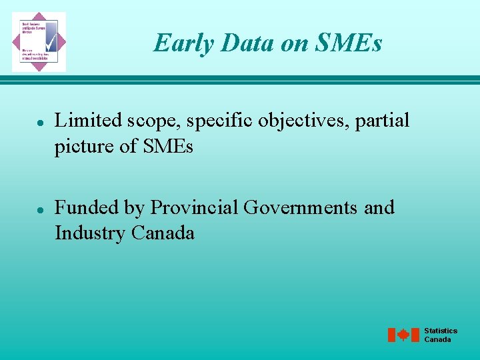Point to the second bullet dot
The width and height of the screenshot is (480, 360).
tap(41, 209)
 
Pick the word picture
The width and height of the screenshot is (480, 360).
tap(84, 147)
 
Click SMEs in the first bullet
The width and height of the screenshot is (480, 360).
tap(167, 146)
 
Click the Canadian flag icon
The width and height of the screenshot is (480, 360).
tap(403, 335)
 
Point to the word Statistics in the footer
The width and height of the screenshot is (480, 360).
tap(441, 331)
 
